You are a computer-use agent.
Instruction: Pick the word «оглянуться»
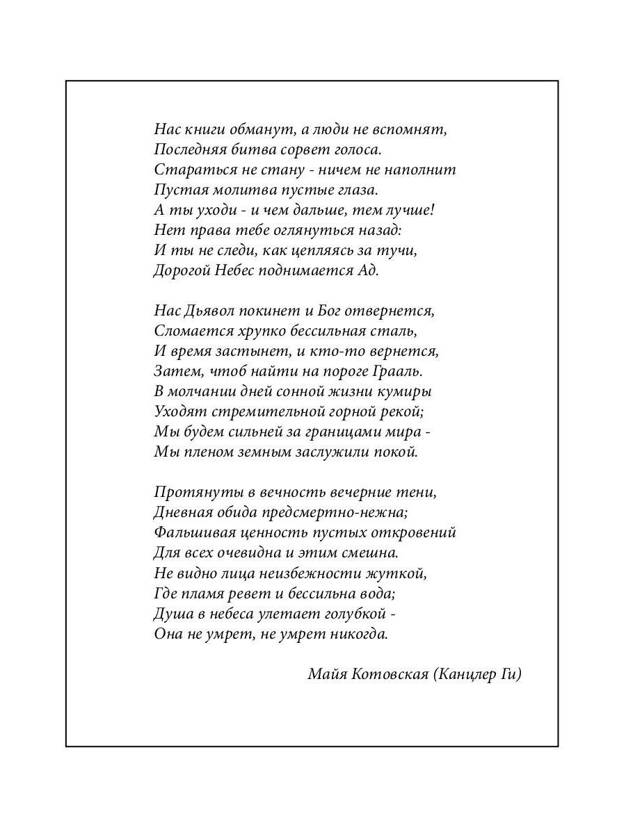click(x=294, y=230)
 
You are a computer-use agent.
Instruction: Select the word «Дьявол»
click(x=210, y=311)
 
